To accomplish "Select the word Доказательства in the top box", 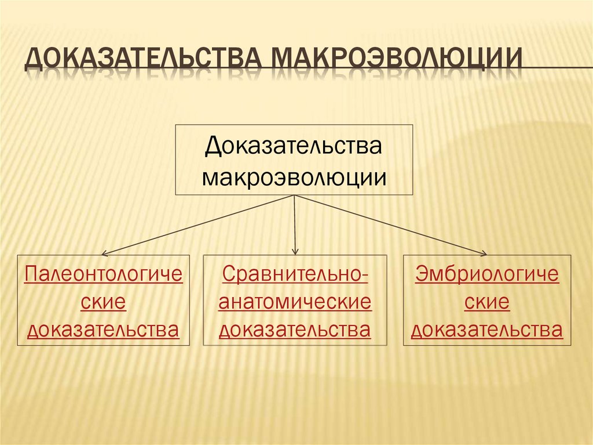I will [x=294, y=146].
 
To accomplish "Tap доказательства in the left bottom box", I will [x=103, y=330].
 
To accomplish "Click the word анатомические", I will [x=295, y=302].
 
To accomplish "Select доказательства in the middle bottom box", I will [x=295, y=330].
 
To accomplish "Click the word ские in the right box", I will [x=487, y=302].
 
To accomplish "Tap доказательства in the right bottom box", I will [x=487, y=330].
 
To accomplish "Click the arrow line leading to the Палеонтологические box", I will [x=197, y=225].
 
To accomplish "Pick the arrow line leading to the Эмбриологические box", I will [x=391, y=225].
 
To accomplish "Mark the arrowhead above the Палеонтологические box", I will [x=105, y=253].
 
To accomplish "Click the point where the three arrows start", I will [x=295, y=196].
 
